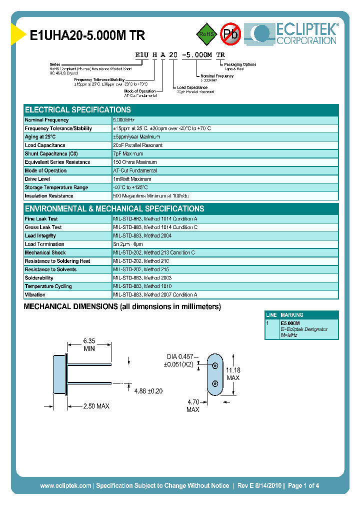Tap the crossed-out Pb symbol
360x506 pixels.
[x=231, y=34]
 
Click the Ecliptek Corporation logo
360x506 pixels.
[x=295, y=34]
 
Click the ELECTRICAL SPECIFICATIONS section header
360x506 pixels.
[x=78, y=109]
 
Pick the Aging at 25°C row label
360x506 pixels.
[x=40, y=137]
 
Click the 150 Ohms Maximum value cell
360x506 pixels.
[x=135, y=162]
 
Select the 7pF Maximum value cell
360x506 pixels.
[x=128, y=153]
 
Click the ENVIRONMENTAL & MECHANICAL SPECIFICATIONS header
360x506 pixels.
[x=114, y=208]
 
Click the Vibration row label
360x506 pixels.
[x=35, y=295]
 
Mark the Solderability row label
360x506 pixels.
[x=39, y=278]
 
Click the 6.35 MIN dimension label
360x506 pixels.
[x=89, y=344]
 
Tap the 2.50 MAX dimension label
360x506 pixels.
[x=96, y=406]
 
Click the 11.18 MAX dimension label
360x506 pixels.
[x=233, y=373]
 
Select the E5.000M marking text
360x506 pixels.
[x=290, y=323]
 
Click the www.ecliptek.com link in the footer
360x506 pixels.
[x=65, y=485]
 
